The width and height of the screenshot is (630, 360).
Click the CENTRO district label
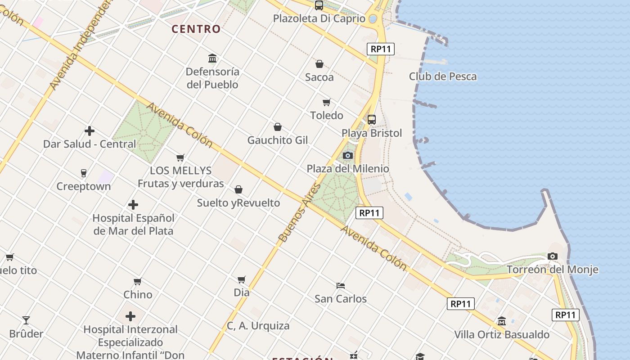(x=196, y=29)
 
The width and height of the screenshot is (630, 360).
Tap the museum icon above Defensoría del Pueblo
(x=212, y=58)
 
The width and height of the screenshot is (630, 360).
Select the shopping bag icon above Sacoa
(x=319, y=64)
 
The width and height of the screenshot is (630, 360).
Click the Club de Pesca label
(x=443, y=76)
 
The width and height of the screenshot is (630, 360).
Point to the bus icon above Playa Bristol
(x=371, y=120)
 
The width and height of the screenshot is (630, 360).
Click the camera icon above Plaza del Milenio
(x=347, y=156)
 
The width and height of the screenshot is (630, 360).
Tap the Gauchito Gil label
(x=278, y=140)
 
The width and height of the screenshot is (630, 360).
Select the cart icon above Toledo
(x=327, y=103)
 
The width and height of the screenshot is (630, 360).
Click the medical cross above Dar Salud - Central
(x=90, y=131)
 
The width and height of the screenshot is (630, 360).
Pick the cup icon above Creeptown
(x=83, y=173)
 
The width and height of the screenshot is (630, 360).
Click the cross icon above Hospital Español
(x=133, y=205)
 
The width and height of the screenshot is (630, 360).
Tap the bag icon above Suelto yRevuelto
(x=238, y=189)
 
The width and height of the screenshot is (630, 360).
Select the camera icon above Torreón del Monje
(x=553, y=256)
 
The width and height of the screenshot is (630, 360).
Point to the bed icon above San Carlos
(x=341, y=285)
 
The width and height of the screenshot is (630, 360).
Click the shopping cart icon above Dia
(x=242, y=279)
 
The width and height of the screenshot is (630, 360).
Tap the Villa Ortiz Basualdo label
(x=502, y=335)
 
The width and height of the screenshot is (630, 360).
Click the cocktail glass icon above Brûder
(x=26, y=320)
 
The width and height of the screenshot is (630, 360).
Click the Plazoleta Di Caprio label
(x=319, y=19)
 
